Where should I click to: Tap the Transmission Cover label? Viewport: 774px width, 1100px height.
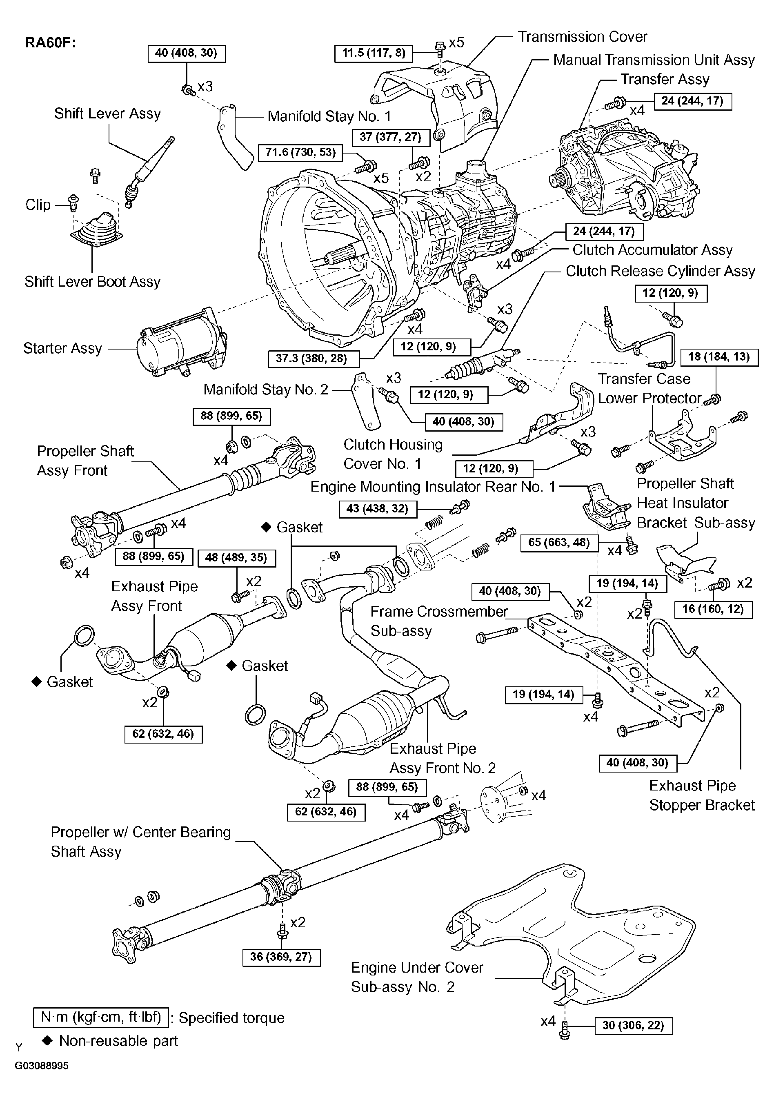[x=583, y=37]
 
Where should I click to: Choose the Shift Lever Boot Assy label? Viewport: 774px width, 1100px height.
[x=92, y=282]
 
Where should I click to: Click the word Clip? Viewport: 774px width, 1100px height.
[x=38, y=205]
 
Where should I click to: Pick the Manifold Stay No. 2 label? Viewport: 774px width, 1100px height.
[x=266, y=390]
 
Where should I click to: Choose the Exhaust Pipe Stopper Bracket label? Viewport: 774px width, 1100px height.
[x=702, y=795]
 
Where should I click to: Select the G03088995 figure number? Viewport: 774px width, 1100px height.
[x=42, y=1066]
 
